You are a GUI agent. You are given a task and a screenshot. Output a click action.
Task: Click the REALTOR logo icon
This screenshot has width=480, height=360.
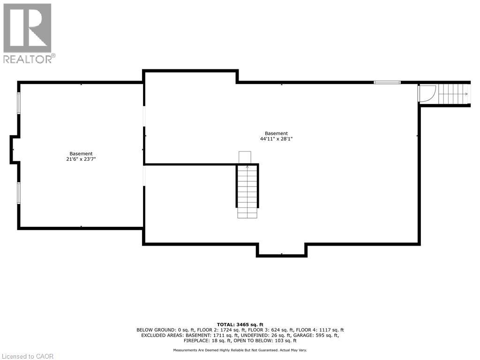tap(27, 28)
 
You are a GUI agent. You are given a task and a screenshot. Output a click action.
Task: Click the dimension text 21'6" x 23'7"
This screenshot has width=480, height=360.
tap(81, 159)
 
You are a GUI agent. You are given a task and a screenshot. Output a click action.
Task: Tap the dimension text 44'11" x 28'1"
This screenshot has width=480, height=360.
tap(276, 139)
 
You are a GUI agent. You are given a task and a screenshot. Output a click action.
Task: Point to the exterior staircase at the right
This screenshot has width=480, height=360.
tap(453, 94)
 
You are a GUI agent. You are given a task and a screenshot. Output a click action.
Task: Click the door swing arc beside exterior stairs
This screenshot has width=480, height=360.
tap(427, 93)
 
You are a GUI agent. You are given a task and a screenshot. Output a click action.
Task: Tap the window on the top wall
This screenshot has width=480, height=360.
tap(387, 82)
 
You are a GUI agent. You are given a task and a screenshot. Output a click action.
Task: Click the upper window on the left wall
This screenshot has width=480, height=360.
tap(19, 103)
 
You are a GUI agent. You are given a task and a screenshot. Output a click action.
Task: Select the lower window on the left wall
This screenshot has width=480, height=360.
tap(19, 193)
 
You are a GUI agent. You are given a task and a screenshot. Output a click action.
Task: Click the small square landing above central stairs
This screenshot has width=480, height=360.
tap(245, 157)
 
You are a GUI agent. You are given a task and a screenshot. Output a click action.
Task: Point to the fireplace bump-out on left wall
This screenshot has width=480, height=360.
tap(14, 150)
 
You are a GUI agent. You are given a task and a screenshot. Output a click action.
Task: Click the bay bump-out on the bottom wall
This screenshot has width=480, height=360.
tap(281, 250)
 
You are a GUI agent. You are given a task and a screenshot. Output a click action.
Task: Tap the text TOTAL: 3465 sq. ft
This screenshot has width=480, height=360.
tap(240, 324)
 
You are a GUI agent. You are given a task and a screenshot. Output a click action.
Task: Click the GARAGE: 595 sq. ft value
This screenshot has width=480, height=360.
tap(319, 335)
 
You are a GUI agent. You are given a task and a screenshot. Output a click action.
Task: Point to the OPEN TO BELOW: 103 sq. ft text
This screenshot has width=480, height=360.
tap(263, 341)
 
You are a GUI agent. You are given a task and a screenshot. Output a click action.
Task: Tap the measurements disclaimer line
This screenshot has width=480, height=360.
tap(240, 350)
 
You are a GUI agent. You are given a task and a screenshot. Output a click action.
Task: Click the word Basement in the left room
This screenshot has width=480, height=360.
tap(81, 154)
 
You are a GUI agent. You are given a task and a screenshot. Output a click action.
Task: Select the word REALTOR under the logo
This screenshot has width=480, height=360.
tap(28, 59)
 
